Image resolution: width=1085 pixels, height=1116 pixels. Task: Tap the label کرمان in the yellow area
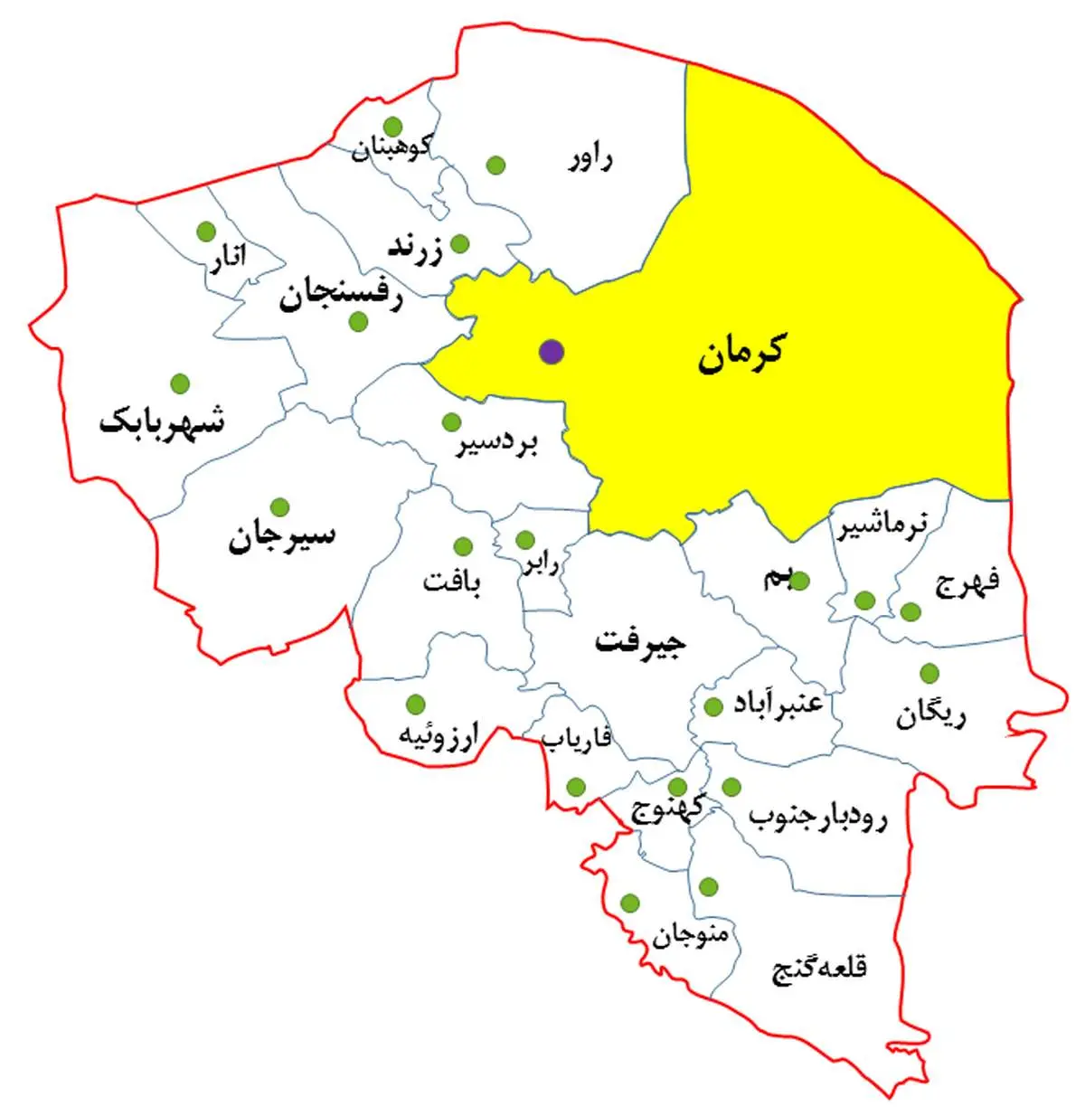point(741,353)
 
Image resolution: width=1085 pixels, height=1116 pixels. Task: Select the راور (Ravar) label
point(590,161)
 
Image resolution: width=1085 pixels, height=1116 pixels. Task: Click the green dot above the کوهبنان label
point(392,126)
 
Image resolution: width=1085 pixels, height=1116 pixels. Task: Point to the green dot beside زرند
point(459,243)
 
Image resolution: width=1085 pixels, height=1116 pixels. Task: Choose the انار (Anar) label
point(227,260)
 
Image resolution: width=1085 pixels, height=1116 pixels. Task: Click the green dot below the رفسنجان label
point(359,321)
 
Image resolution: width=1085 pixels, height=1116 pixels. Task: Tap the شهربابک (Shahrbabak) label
point(163,422)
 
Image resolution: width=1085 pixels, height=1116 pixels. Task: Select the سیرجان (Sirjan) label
point(281,537)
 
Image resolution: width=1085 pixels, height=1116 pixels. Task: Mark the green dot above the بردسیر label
point(451,422)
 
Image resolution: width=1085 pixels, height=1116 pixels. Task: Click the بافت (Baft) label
point(452,580)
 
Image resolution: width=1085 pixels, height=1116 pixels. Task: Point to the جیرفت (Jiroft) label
point(641,642)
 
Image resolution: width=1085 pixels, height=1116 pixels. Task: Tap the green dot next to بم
point(801,581)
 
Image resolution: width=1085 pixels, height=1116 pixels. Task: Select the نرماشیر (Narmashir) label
point(882,526)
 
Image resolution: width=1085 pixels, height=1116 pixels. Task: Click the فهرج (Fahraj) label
point(967,582)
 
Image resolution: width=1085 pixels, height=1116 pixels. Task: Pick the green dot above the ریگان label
point(929,674)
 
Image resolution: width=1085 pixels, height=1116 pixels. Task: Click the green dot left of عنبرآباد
point(712,706)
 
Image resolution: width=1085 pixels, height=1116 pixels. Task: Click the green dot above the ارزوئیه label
point(416,704)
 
